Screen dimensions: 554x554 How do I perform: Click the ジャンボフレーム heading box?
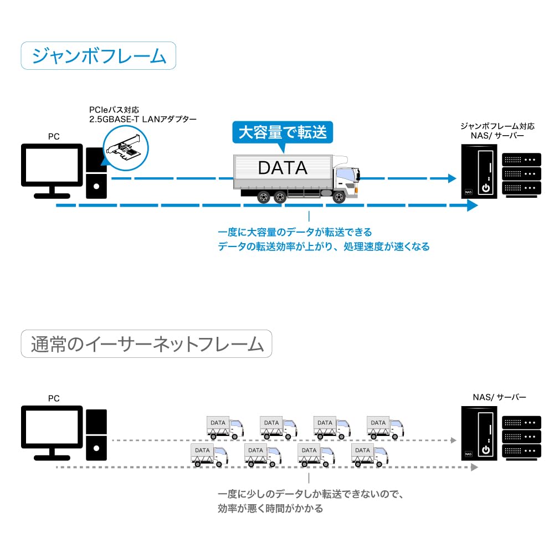[x=99, y=56]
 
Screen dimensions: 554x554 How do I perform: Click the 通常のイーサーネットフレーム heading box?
[x=146, y=343]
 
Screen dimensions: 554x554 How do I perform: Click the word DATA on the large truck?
[x=283, y=167]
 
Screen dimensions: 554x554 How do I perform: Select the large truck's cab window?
[x=344, y=176]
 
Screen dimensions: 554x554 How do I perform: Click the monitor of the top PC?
[x=52, y=166]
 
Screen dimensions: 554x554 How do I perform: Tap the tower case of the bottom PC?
[x=97, y=435]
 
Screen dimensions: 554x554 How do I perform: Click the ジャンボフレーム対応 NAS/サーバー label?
[x=496, y=131]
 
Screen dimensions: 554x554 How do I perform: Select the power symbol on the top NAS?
[x=485, y=187]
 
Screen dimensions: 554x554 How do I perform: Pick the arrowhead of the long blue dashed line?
[x=471, y=206]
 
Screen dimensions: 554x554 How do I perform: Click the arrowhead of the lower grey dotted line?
[x=474, y=468]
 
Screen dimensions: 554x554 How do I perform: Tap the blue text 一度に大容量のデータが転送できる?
[x=295, y=232]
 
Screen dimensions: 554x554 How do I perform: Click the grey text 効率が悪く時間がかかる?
[x=270, y=508]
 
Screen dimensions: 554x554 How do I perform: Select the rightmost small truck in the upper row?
[x=385, y=427]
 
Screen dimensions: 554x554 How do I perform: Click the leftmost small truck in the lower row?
[x=209, y=455]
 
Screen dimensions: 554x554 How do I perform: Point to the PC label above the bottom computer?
[x=54, y=398]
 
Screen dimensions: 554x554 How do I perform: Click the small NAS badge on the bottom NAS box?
[x=468, y=454]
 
